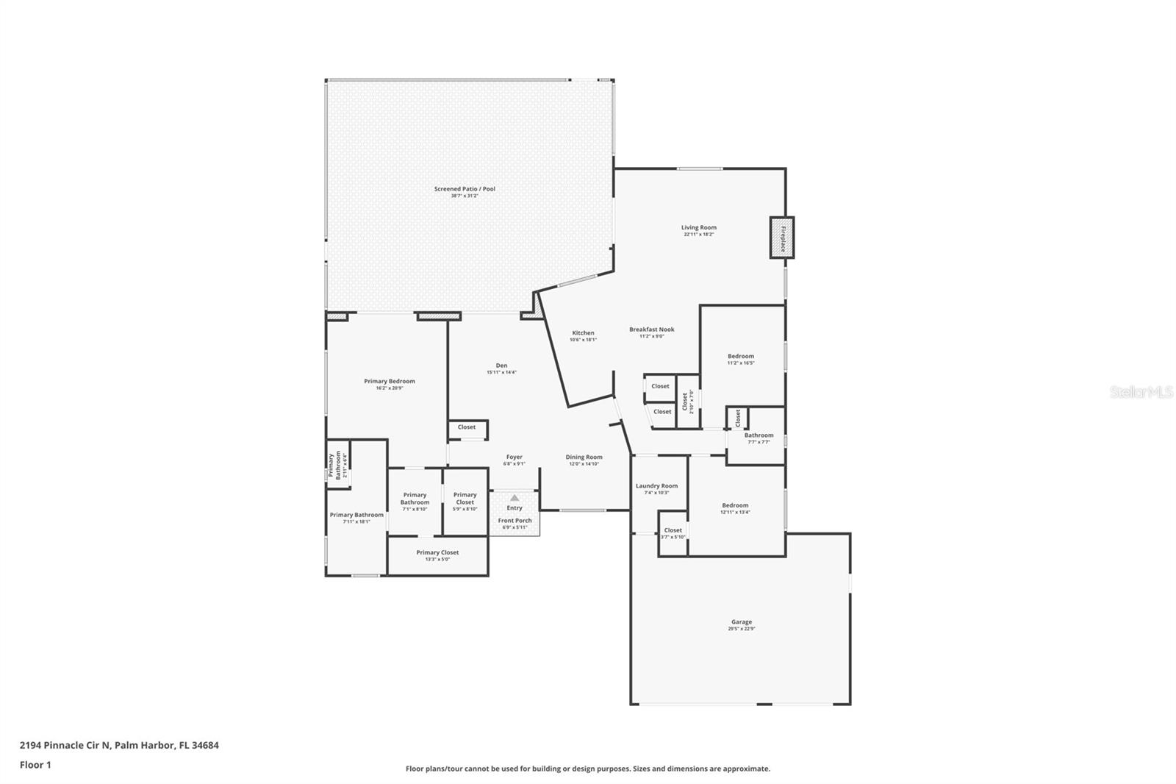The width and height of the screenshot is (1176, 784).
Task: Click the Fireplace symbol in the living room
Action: point(782,238)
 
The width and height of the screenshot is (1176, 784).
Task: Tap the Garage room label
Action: point(741,622)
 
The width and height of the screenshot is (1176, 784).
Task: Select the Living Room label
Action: point(698,228)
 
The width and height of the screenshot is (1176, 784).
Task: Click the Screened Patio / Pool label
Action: point(465,189)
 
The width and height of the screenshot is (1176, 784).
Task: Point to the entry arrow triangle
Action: point(514,498)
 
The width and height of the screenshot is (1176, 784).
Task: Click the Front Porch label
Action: point(514,521)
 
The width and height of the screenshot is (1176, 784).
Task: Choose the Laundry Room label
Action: point(656,486)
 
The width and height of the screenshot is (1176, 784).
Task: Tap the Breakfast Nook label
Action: point(651,329)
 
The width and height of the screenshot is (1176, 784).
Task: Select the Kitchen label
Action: point(583,333)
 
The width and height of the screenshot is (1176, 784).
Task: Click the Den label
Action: point(501,366)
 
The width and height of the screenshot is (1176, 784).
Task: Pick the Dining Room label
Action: point(584,457)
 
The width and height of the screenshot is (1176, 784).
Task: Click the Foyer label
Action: point(514,457)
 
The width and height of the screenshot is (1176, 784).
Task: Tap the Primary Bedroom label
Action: point(390,381)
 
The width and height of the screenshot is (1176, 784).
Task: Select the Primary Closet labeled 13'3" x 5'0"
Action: point(437,553)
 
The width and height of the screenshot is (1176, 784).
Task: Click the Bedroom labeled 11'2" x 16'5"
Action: point(741,357)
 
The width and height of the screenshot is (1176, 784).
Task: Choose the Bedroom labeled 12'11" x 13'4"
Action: point(735,506)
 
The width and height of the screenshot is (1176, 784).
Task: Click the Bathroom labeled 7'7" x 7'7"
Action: point(759,435)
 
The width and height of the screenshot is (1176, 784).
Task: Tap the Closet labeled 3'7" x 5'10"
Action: point(673,530)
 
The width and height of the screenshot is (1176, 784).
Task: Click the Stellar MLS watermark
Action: point(1141,392)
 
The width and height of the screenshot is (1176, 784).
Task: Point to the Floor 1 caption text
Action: point(35,765)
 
